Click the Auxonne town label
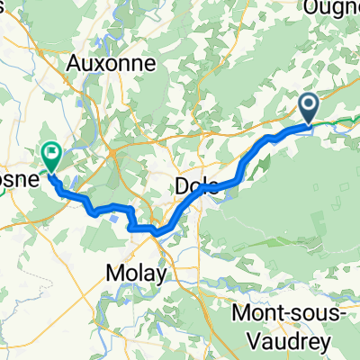(x=112, y=64)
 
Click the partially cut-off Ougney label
(x=332, y=8)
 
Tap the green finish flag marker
(x=50, y=158)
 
